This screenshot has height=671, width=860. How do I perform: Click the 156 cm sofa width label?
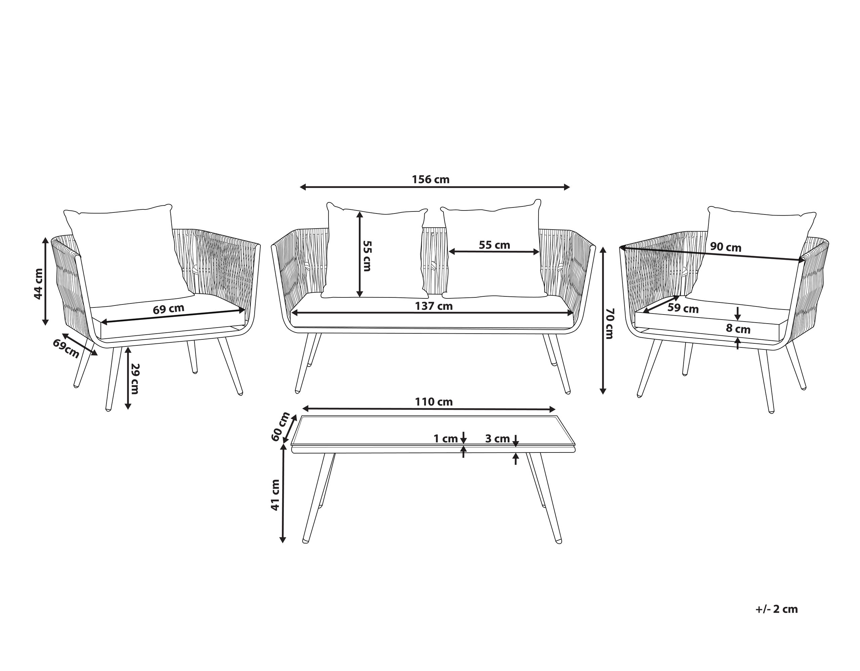click(430, 180)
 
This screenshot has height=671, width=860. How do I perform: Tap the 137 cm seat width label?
click(434, 306)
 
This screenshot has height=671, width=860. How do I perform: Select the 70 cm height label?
click(609, 324)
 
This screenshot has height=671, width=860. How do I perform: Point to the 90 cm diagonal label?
click(725, 247)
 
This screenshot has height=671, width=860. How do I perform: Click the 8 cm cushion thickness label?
click(738, 329)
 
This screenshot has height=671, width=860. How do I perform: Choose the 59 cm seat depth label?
click(683, 308)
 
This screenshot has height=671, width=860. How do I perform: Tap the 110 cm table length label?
click(434, 402)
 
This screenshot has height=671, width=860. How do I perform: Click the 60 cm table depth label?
click(281, 427)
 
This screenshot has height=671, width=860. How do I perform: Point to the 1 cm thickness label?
click(445, 438)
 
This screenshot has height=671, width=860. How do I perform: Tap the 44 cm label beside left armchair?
click(38, 284)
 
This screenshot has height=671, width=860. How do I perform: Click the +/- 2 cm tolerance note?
click(777, 609)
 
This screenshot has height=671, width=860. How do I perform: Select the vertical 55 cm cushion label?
click(367, 256)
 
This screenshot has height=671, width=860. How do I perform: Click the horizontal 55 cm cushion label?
click(494, 245)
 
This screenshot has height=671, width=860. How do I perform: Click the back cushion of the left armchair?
click(126, 252)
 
